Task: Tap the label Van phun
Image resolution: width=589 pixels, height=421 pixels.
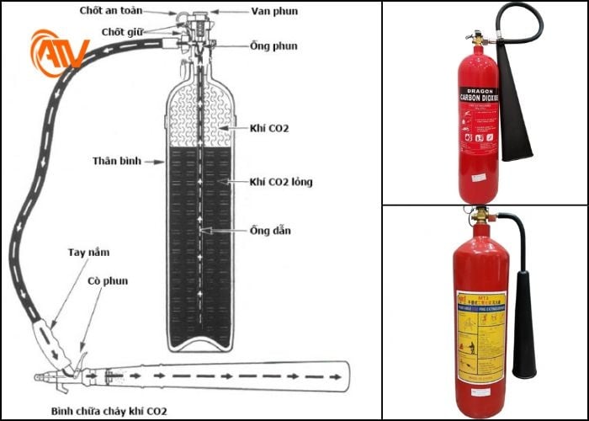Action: point(249,12)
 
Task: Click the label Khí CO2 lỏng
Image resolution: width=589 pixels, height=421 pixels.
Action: point(281,181)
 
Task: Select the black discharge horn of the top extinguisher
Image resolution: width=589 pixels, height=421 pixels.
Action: point(516,109)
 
